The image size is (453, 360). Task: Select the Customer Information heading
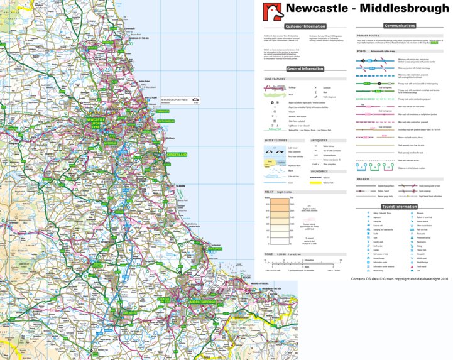tap(305, 26)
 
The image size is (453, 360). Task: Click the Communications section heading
tap(400, 26)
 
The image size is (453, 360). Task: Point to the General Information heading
tap(305, 69)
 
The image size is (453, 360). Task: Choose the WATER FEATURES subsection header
tap(275, 141)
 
